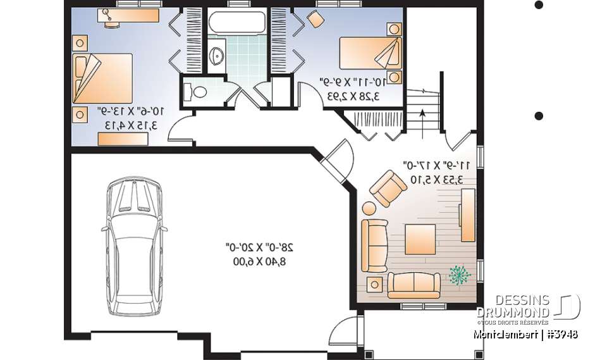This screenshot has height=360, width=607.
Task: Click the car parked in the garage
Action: pyautogui.click(x=134, y=247)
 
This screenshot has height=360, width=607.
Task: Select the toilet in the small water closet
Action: pyautogui.click(x=196, y=92)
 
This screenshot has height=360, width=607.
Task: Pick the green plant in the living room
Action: pyautogui.click(x=461, y=275)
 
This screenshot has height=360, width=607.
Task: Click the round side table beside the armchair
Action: pyautogui.click(x=368, y=208)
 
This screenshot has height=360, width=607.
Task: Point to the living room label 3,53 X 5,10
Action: pyautogui.click(x=436, y=180)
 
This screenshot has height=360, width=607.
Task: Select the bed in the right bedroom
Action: pyautogui.click(x=371, y=53)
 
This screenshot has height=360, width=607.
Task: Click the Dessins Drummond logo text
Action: pyautogui.click(x=513, y=306)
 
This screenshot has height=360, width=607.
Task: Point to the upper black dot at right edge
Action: pyautogui.click(x=539, y=5)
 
